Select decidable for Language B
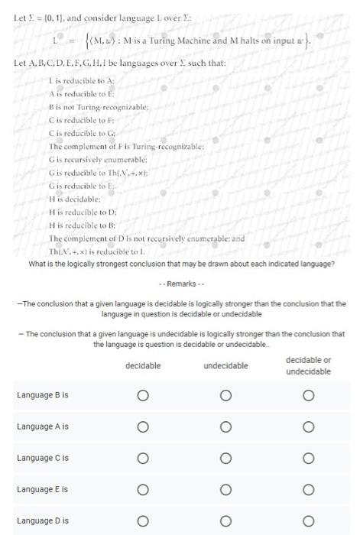[142, 395]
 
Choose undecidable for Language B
[225, 395]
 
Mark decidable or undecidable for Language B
[308, 395]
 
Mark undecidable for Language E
[225, 488]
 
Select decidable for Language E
[142, 488]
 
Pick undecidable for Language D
[225, 520]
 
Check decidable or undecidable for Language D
[308, 520]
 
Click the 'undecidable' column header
[225, 366]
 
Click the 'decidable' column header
[142, 366]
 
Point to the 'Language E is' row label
[43, 488]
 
